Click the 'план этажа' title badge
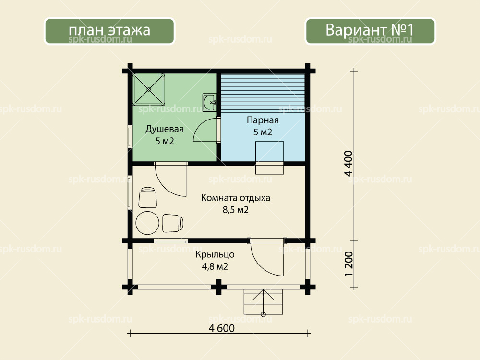[109, 31]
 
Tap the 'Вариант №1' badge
[370, 31]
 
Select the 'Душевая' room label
[164, 129]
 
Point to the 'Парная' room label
[263, 120]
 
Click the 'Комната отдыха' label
[235, 198]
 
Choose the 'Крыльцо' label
[215, 255]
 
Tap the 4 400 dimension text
[348, 164]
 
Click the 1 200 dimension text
[348, 264]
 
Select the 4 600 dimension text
[222, 328]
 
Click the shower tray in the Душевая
[149, 89]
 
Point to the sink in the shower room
[210, 102]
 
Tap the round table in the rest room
[147, 223]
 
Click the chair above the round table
[148, 197]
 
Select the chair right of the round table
[173, 223]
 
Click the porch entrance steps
[263, 302]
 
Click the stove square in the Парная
[269, 151]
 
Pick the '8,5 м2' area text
[235, 210]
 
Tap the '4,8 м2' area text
[215, 266]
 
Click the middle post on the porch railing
[218, 287]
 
